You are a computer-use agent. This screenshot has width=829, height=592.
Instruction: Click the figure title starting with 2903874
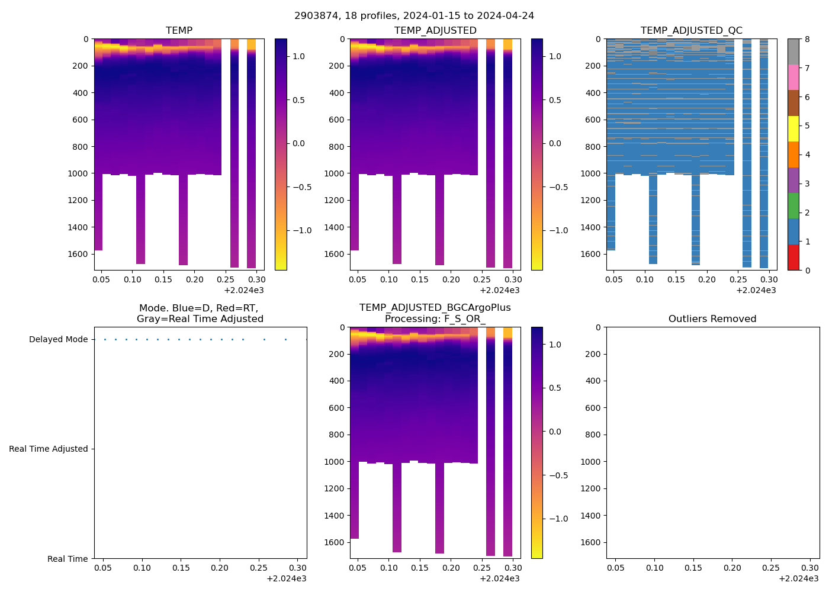(x=414, y=15)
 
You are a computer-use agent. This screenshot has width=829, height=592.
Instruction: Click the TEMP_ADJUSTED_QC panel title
(x=691, y=30)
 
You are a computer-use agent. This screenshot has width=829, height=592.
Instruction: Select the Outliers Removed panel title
(x=712, y=318)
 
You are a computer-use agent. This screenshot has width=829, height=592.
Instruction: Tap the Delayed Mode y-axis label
(x=58, y=339)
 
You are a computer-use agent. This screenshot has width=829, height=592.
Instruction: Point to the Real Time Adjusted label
(x=48, y=449)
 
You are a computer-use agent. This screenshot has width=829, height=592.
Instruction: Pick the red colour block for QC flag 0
(x=793, y=258)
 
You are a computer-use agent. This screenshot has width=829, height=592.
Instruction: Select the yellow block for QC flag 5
(x=793, y=128)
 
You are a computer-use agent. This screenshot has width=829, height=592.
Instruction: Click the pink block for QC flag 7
(x=793, y=77)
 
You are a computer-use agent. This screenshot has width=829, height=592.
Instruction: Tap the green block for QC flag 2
(x=793, y=205)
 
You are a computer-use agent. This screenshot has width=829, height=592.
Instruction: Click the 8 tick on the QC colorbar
(x=807, y=39)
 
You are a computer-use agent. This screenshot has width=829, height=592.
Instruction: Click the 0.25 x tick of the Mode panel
(x=259, y=568)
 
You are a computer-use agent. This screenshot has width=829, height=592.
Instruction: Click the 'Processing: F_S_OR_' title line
(x=435, y=318)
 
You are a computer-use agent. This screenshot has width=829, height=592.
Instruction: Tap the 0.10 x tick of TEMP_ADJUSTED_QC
(x=645, y=279)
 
